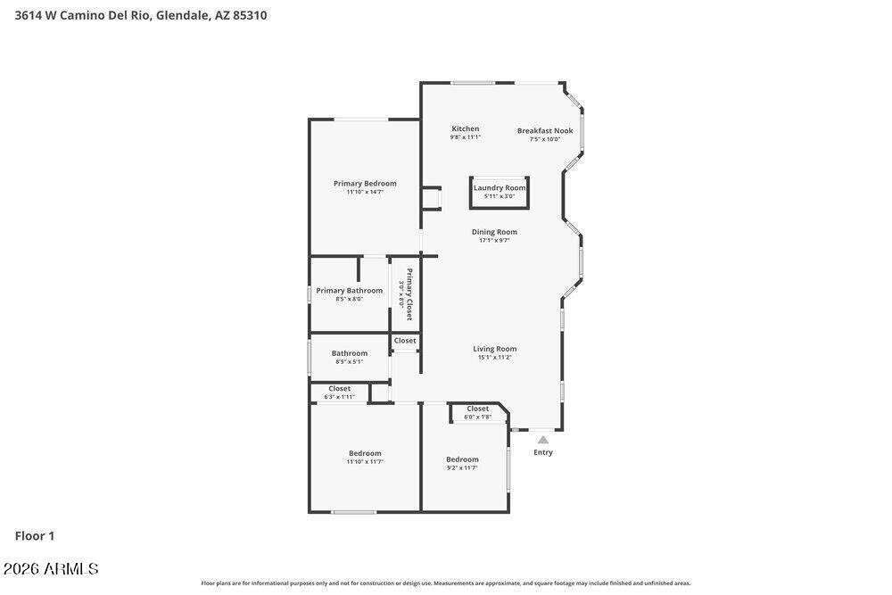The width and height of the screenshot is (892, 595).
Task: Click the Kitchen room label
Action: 465,128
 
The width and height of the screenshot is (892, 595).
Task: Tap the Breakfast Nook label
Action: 545,130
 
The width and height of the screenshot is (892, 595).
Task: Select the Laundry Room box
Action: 500,192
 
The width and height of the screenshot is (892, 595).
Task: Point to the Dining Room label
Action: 494,232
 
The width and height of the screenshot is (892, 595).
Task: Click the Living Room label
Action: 494,349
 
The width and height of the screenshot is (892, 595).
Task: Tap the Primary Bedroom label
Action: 365,183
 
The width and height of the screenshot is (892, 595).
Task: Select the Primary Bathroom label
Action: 349,290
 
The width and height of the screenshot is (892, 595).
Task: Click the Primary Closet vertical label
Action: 409,293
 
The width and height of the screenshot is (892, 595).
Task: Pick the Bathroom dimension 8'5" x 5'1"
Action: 349,361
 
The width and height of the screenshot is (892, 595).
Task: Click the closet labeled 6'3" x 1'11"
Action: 339,396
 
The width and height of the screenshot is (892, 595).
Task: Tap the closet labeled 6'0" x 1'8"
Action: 477,417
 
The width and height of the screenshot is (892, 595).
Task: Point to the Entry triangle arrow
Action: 543,439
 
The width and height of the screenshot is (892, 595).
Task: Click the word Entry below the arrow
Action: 543,452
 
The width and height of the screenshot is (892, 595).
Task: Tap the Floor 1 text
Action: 35,536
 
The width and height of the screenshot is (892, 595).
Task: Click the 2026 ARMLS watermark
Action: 51,569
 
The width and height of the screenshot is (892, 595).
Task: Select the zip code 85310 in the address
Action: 250,15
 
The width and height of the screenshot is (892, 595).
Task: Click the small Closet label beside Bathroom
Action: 405,341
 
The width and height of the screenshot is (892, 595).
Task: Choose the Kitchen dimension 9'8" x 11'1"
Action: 465,137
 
